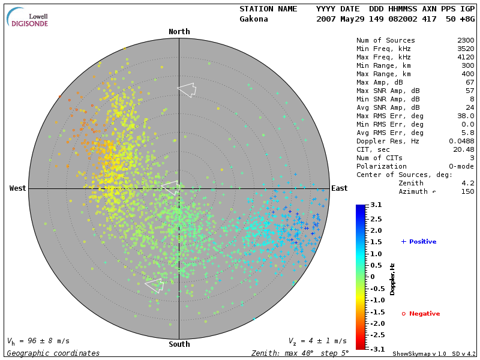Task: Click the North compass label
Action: [179, 32]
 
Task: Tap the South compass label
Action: [179, 344]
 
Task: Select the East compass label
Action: [339, 188]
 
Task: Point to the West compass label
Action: [18, 188]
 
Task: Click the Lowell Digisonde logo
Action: [28, 17]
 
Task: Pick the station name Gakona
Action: [254, 19]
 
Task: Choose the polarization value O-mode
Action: [460, 166]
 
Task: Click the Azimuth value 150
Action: [467, 191]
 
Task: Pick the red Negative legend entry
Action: [422, 314]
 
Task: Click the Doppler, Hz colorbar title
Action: [392, 278]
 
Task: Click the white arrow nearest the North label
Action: [187, 89]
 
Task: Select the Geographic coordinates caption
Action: [53, 353]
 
